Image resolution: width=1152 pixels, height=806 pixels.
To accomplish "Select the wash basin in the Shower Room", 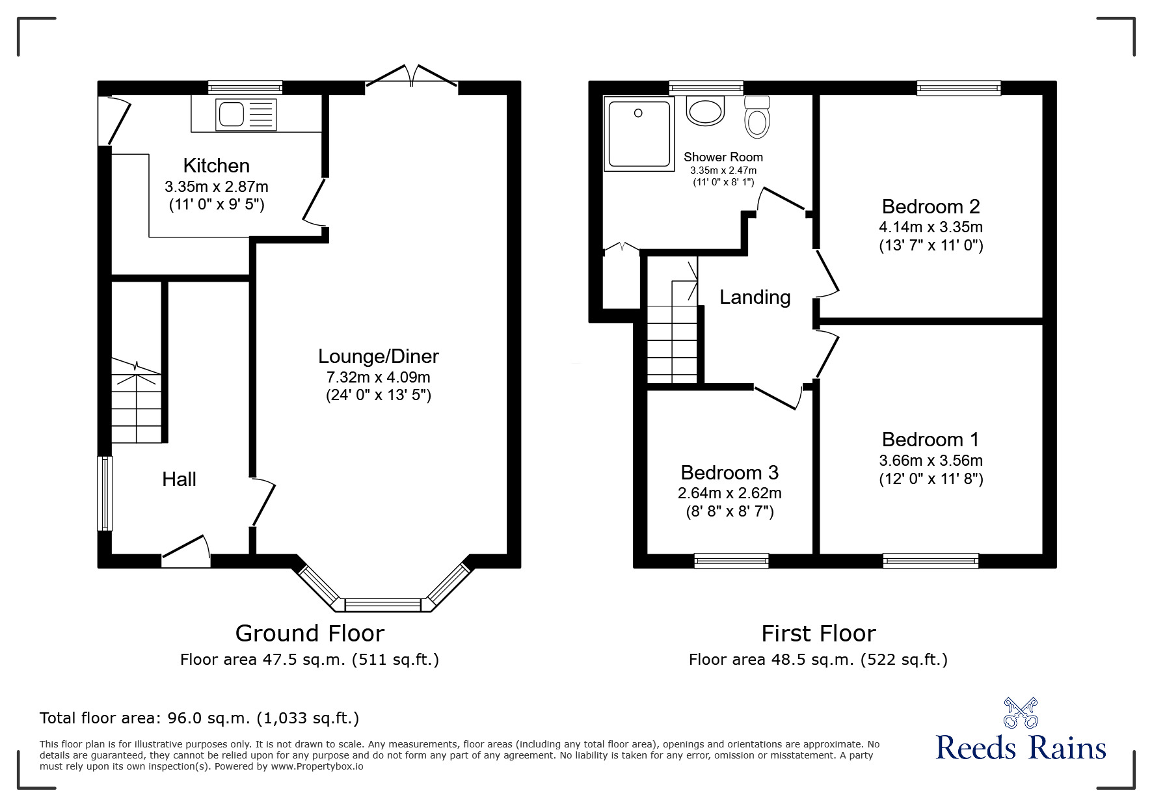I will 705,111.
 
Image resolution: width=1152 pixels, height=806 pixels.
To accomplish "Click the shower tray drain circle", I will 638,113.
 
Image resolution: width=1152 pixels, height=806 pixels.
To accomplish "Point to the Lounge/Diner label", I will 378,356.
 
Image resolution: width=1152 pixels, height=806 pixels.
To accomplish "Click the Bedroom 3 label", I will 729,472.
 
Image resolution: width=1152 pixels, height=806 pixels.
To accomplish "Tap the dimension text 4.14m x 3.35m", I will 930,227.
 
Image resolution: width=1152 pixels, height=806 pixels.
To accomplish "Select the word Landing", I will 755,297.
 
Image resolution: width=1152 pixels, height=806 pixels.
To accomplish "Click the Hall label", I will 179,479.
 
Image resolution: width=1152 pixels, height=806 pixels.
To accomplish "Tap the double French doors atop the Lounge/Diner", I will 412,76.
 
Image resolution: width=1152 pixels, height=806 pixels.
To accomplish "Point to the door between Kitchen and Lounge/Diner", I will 314,202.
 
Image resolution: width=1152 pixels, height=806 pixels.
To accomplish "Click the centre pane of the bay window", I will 382,605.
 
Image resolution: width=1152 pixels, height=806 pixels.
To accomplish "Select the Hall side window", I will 105,493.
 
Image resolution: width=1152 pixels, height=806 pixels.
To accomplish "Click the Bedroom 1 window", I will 930,560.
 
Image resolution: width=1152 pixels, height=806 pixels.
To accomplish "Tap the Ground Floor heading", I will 310,633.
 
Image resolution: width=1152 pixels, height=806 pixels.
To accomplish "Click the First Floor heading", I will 818,633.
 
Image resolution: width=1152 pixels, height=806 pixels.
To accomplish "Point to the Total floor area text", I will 199,718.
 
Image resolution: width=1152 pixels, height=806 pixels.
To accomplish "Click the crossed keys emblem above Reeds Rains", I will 1021,712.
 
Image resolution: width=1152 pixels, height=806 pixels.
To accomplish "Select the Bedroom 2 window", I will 958,88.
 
